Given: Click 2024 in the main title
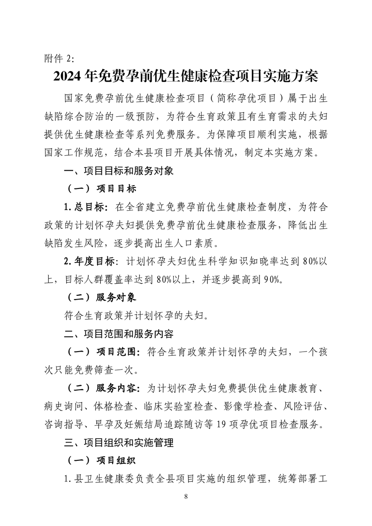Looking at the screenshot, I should point(69,75).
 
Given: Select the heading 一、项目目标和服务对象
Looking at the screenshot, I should point(119,171).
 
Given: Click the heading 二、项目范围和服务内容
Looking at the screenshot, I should point(119,334).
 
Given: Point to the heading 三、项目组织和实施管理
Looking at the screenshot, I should point(119,443).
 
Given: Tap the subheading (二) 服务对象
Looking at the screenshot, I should point(99,297).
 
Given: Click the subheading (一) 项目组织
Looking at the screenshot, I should point(99,460).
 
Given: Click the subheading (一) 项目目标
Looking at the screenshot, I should point(99,189).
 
